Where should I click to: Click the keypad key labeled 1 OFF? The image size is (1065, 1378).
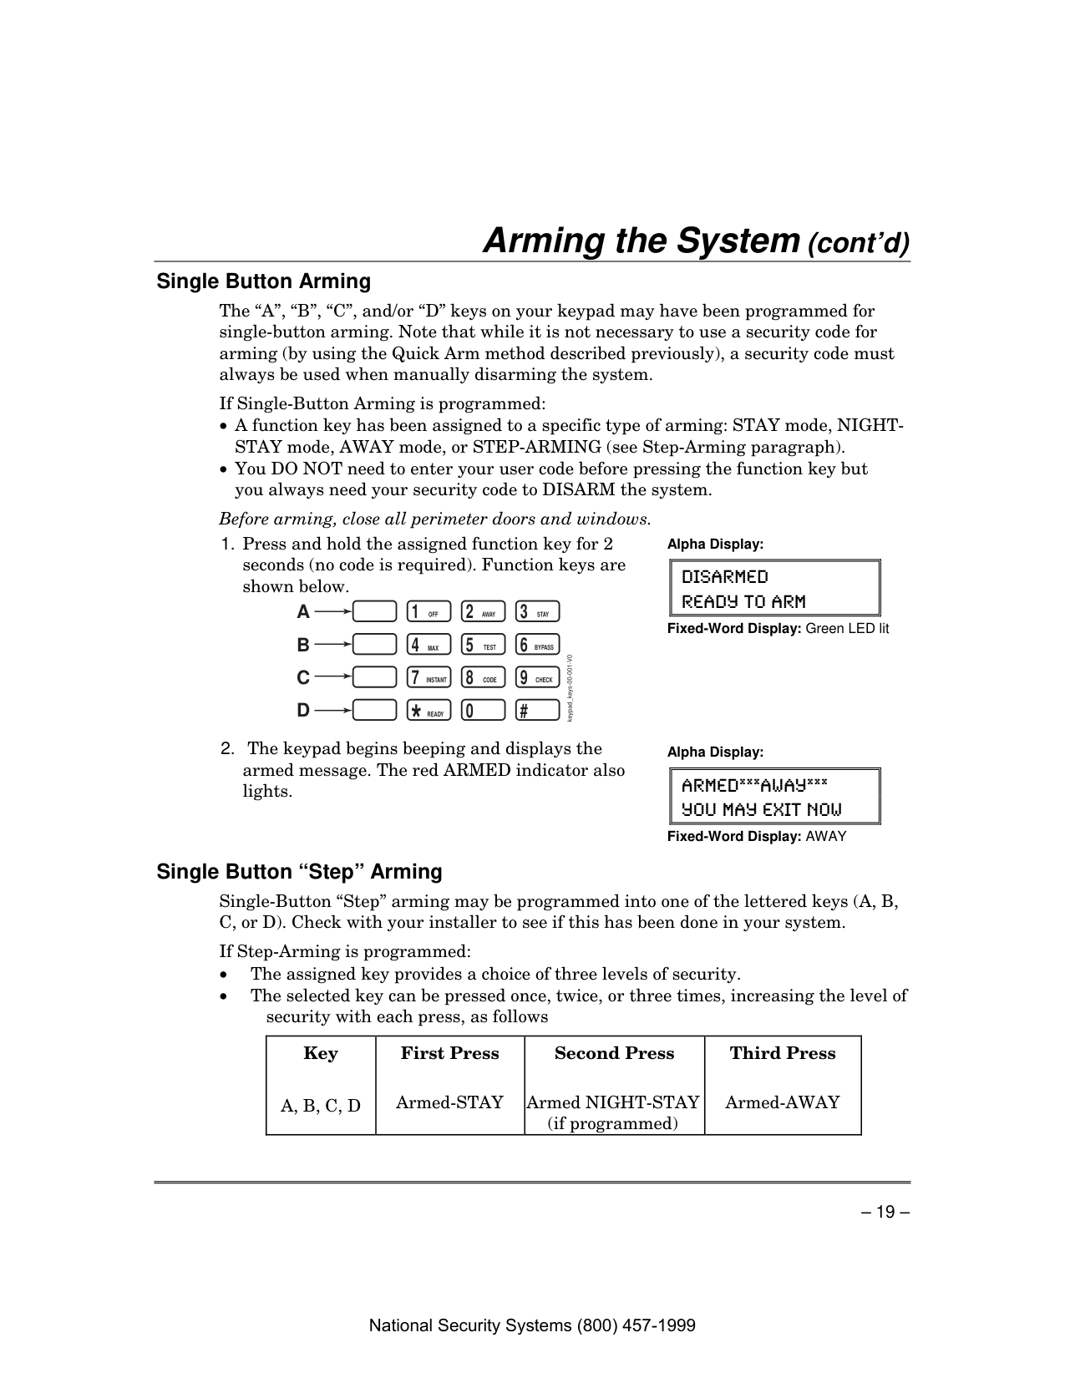pyautogui.click(x=428, y=612)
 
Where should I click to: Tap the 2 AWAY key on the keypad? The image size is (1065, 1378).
pyautogui.click(x=483, y=612)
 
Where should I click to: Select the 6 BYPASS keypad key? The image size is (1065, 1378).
pyautogui.click(x=537, y=645)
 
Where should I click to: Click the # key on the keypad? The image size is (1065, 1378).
pyautogui.click(x=537, y=711)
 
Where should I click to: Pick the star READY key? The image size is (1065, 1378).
pyautogui.click(x=428, y=711)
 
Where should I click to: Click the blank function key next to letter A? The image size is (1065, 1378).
pyautogui.click(x=374, y=612)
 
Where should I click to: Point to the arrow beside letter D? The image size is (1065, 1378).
pyautogui.click(x=333, y=711)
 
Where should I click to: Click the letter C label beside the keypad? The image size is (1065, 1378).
pyautogui.click(x=303, y=678)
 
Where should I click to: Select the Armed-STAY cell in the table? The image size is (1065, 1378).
pyautogui.click(x=449, y=1102)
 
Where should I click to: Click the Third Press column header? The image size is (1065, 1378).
pyautogui.click(x=782, y=1053)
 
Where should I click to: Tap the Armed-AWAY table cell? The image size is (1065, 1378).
pyautogui.click(x=782, y=1102)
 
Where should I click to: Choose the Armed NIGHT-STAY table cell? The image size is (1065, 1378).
pyautogui.click(x=613, y=1112)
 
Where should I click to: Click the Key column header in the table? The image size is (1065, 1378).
pyautogui.click(x=321, y=1053)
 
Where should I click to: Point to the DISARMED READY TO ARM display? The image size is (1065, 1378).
pyautogui.click(x=773, y=589)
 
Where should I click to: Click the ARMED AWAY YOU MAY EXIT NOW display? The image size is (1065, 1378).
pyautogui.click(x=773, y=797)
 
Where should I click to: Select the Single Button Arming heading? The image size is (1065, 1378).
pyautogui.click(x=264, y=281)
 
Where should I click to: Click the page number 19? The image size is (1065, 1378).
pyautogui.click(x=886, y=1210)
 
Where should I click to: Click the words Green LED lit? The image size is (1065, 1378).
pyautogui.click(x=847, y=628)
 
